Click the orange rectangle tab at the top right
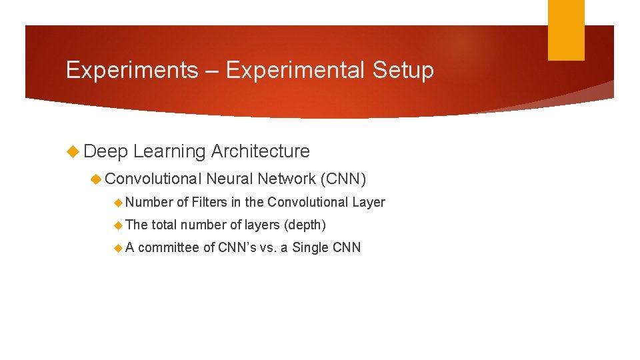566,29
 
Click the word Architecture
260,151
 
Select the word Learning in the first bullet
169,151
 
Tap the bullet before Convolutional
96,179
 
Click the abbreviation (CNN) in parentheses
343,179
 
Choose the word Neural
229,179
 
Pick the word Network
286,179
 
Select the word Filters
209,202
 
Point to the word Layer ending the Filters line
369,202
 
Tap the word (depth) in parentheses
305,225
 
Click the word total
164,225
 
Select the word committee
168,248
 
